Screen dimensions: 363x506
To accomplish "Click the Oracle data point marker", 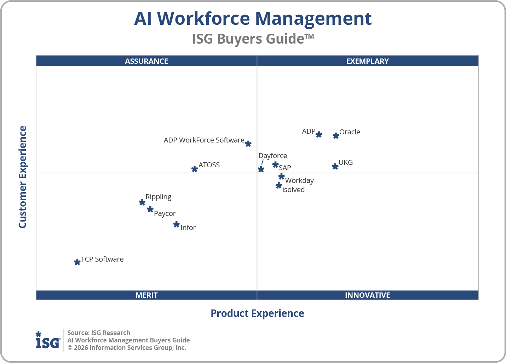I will pos(336,135).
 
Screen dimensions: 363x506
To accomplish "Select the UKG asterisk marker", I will pos(335,166).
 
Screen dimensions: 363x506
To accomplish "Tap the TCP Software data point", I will pos(77,262).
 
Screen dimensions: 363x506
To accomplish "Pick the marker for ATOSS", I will pos(194,169).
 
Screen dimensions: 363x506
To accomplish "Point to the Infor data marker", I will pos(176,224).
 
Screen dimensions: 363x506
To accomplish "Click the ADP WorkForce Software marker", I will pos(248,144).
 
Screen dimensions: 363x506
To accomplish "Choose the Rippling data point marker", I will pos(142,202).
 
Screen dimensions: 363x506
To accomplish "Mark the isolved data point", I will pos(278,185).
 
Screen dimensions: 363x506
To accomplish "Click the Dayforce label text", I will pos(272,156).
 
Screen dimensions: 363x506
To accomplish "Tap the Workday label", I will pos(299,180).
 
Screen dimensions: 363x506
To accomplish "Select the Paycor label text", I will pos(165,213).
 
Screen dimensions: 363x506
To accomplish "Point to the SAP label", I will pos(285,168).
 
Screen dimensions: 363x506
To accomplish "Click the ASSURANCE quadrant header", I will pos(146,61).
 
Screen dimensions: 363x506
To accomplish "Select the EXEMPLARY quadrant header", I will pos(367,61).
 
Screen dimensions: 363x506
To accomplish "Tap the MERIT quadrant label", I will pos(146,295).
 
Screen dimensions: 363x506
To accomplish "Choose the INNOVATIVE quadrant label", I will pos(367,295).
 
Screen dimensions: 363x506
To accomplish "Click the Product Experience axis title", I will pos(257,313).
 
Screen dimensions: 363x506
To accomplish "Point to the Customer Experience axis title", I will pos(23,177).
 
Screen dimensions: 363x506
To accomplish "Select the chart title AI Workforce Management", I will pos(253,18).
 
